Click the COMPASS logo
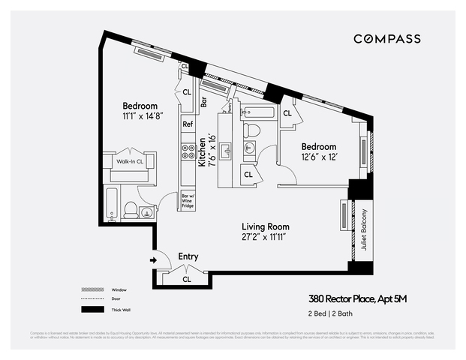[x=386, y=39]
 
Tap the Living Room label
[x=265, y=226]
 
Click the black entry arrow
[x=154, y=260]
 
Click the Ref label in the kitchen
[x=188, y=124]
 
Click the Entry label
[x=188, y=256]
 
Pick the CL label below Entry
[x=187, y=280]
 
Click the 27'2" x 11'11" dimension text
[x=265, y=238]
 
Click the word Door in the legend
[x=115, y=299]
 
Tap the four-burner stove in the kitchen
[x=187, y=152]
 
